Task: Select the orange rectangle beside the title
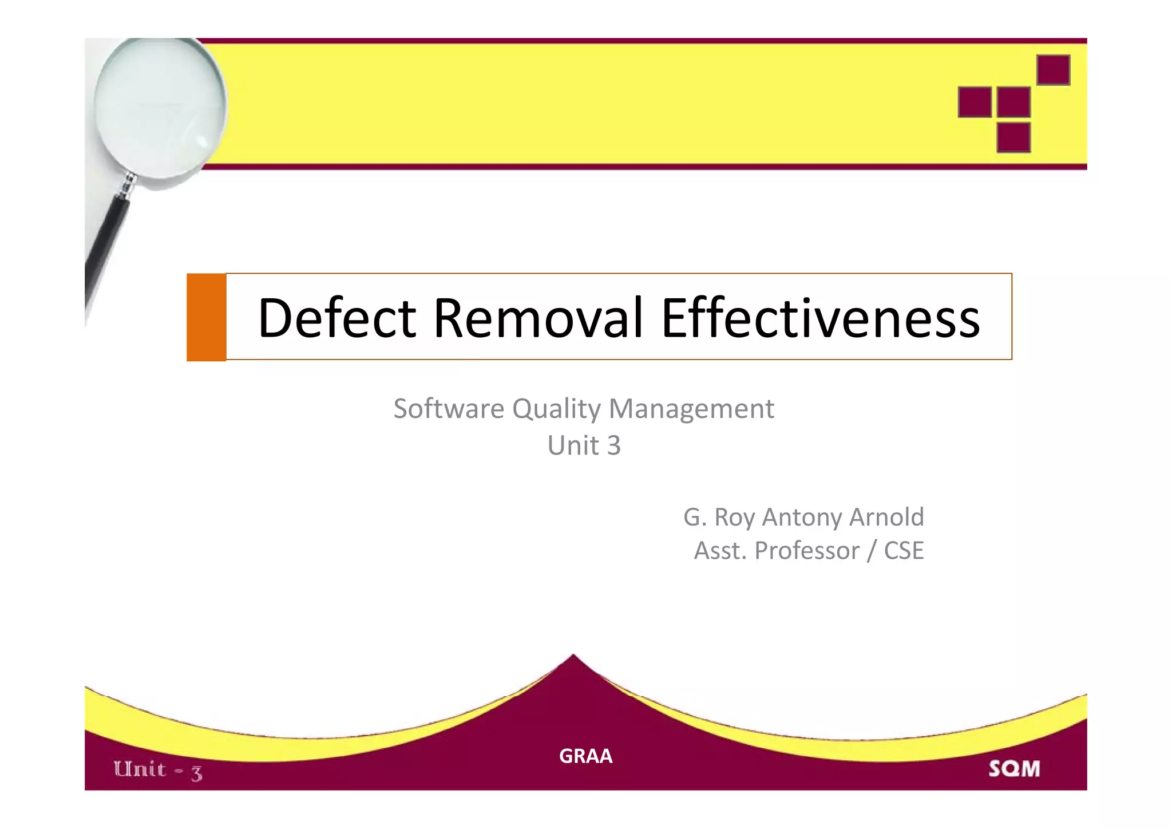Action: (x=206, y=317)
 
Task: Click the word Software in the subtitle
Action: (x=449, y=409)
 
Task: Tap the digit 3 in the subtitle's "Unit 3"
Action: (x=613, y=445)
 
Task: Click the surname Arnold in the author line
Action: (x=886, y=517)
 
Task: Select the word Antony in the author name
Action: (x=803, y=517)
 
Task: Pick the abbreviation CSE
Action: (x=904, y=551)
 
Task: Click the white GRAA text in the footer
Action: (x=585, y=756)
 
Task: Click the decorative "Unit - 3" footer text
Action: (x=158, y=770)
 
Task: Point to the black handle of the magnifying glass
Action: (x=106, y=240)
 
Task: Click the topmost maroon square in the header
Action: (x=1053, y=70)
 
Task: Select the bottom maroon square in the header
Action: (x=1013, y=137)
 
